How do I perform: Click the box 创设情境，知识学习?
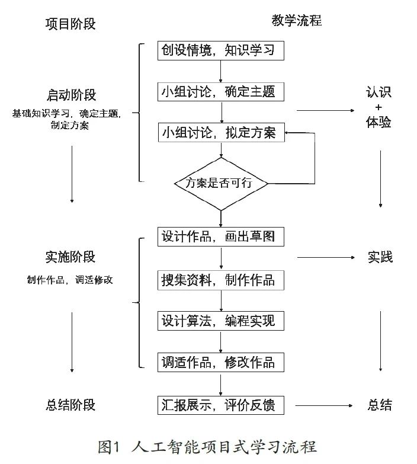[x=220, y=50]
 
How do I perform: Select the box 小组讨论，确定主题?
[x=220, y=92]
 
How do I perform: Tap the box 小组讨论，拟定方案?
[x=220, y=133]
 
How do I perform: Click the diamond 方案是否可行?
[x=220, y=183]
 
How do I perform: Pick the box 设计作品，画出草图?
[x=220, y=236]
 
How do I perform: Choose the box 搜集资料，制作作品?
[x=220, y=279]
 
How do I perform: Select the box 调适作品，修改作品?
[x=220, y=362]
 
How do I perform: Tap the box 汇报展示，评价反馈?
[x=220, y=405]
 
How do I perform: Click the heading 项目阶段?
[x=70, y=24]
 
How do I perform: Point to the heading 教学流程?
[x=296, y=21]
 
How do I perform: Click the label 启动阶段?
[x=71, y=95]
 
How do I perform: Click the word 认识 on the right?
[x=379, y=92]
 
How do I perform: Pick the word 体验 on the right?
[x=379, y=123]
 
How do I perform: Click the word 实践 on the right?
[x=380, y=257]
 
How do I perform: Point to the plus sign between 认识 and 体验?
[x=379, y=108]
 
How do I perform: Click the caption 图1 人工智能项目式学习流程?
[x=207, y=446]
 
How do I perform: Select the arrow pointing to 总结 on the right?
[x=326, y=405]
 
